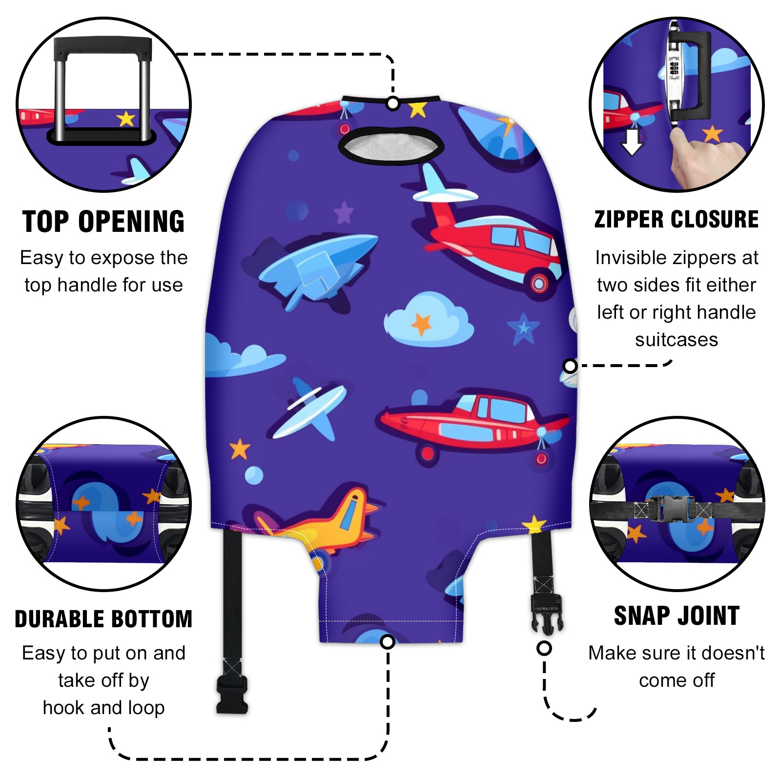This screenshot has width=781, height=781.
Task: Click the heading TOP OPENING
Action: [x=103, y=222]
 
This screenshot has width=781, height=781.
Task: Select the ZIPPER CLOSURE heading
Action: [x=677, y=219]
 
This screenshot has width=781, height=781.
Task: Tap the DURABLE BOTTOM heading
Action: [x=103, y=619]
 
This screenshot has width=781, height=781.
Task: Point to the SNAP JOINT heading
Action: [x=677, y=616]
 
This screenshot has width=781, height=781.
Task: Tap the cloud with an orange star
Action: [x=429, y=320]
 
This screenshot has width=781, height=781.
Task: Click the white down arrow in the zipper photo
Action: [x=632, y=140]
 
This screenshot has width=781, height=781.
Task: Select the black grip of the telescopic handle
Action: [x=103, y=47]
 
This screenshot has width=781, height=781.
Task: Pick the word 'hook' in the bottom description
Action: [x=64, y=707]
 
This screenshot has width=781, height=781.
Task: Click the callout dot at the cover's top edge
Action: [x=393, y=103]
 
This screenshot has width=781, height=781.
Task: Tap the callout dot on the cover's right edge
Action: [x=570, y=366]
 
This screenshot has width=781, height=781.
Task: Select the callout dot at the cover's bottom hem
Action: [x=388, y=641]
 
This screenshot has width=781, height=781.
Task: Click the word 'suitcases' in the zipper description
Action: [x=677, y=339]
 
